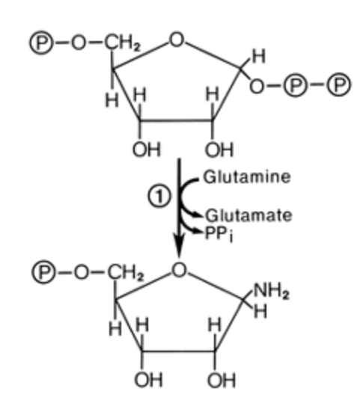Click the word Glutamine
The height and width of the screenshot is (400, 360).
click(x=247, y=177)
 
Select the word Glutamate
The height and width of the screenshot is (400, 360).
click(x=248, y=215)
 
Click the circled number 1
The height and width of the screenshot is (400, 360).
click(x=159, y=197)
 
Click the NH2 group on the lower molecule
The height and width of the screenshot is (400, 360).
click(x=271, y=291)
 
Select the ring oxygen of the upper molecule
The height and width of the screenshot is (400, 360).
click(x=177, y=40)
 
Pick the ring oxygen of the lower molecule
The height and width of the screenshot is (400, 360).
click(x=179, y=269)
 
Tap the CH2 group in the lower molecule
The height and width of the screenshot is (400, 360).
click(x=126, y=273)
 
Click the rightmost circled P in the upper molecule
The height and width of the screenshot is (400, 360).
click(x=339, y=84)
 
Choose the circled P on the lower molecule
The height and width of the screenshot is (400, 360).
click(x=44, y=272)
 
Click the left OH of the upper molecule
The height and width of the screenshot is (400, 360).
click(x=147, y=149)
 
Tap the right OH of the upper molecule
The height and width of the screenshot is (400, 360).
click(x=219, y=150)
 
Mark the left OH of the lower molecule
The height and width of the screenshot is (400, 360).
click(x=149, y=380)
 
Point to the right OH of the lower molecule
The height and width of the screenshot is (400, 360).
click(x=222, y=380)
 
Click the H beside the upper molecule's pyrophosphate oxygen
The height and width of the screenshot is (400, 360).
click(x=259, y=56)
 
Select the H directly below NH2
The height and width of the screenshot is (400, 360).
click(x=260, y=312)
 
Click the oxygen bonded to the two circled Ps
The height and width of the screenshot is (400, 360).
click(x=257, y=86)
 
